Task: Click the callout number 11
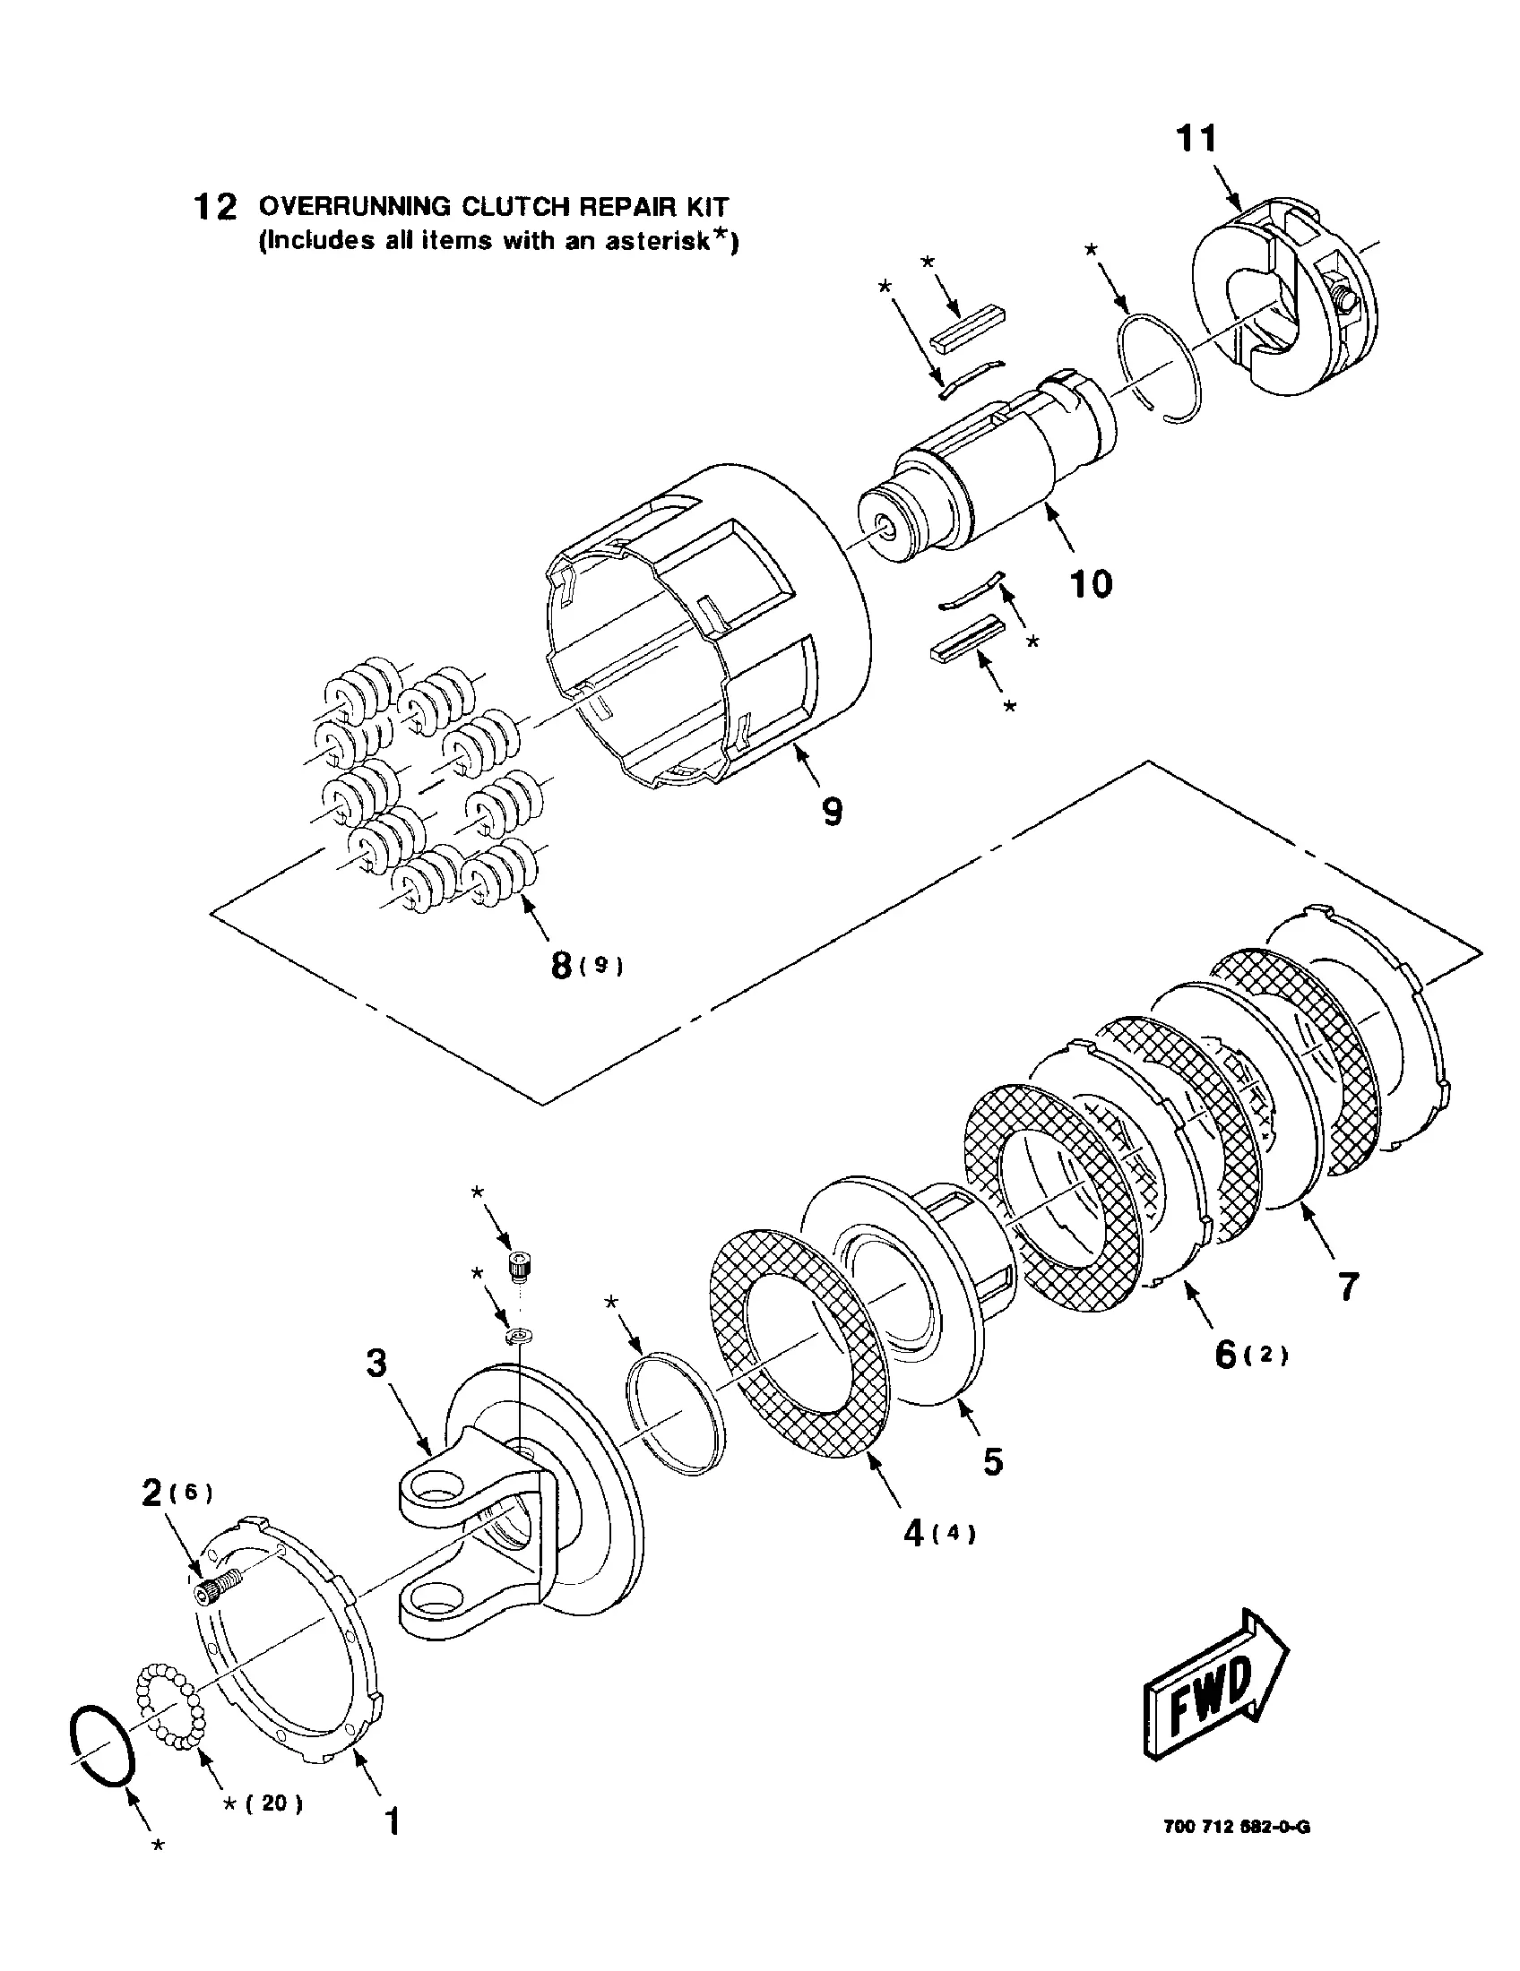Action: point(1196,140)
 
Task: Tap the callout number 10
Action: point(1091,584)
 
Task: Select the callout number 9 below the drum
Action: point(833,812)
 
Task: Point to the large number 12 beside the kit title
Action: point(216,208)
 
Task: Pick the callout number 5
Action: point(993,1461)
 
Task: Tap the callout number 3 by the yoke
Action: point(376,1363)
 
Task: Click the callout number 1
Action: point(392,1821)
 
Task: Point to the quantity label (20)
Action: point(274,1803)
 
